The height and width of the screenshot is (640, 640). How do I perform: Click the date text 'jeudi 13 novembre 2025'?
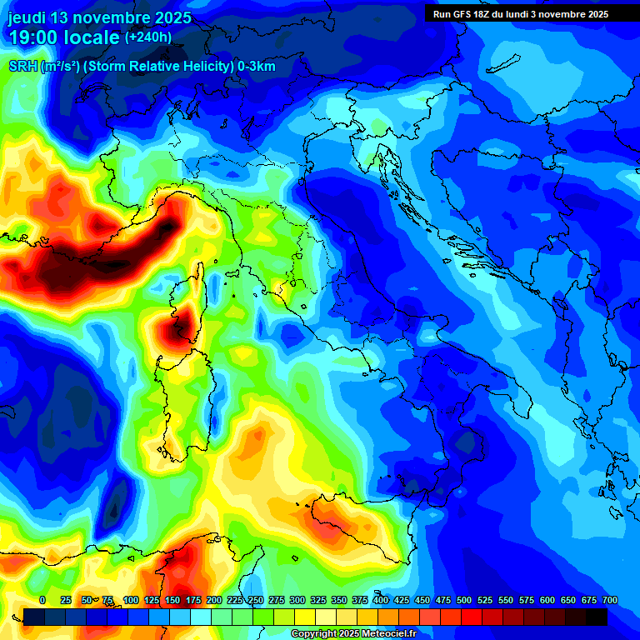coord(99,17)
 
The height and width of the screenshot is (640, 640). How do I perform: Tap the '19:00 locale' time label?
coord(65,37)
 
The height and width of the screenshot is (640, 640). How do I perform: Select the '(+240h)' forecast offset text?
coord(148,37)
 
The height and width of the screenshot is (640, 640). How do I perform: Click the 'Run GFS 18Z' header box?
coord(521,14)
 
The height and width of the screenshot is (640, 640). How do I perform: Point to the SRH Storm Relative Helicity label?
coord(142,67)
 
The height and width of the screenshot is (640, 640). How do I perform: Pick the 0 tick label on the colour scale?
coord(42,600)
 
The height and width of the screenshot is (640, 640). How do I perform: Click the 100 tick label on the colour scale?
coord(131,600)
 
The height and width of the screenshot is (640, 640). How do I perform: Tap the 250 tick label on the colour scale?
coord(256,600)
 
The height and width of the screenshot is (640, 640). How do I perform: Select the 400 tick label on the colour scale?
coord(381,600)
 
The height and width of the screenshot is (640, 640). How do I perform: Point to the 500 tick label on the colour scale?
coord(464,600)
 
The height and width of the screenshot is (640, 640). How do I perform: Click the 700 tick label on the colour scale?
coord(609,600)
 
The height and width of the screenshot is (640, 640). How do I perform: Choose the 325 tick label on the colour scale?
coord(318,600)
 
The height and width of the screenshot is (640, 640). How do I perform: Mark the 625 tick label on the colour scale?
coord(568,600)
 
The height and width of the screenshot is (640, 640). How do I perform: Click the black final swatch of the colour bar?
coord(597,617)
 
